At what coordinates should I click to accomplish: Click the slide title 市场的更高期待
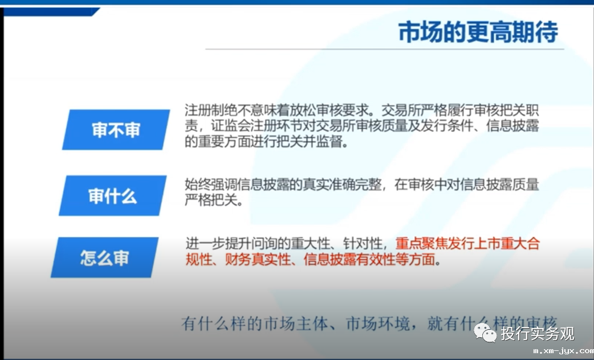coord(478,32)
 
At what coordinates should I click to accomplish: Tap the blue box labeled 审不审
coord(116,130)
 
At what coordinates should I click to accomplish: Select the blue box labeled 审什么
coord(112,196)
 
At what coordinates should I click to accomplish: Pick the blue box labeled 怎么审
coord(104,257)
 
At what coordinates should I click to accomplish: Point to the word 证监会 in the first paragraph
coord(230,126)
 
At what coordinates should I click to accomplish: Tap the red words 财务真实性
coord(258,260)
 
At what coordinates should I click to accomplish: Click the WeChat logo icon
coord(485,333)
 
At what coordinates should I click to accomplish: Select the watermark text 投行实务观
coord(538,333)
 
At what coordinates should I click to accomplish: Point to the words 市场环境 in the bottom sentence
coord(378,324)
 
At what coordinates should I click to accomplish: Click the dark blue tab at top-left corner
coord(51,12)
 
